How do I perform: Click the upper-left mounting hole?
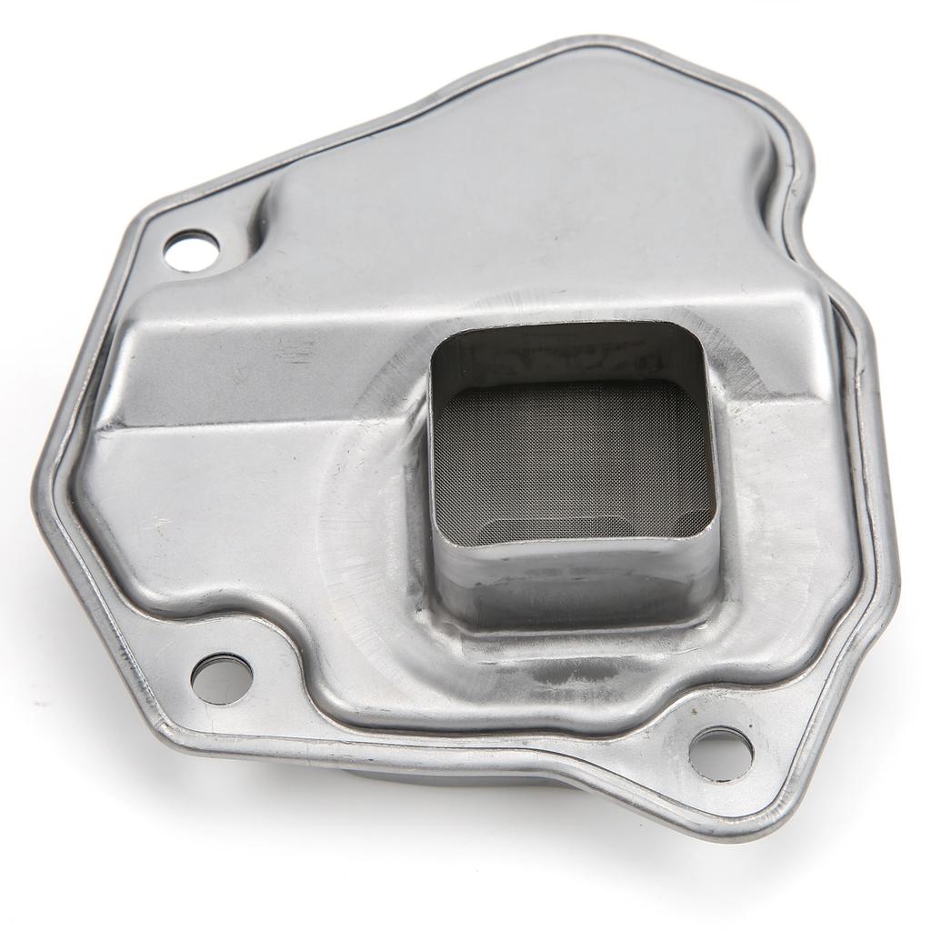[x=191, y=248]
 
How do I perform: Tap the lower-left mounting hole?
[x=222, y=678]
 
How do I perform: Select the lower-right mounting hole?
[x=721, y=754]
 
